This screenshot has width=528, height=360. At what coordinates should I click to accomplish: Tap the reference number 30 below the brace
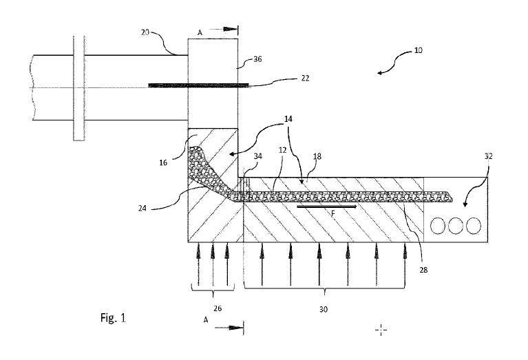pos(324,310)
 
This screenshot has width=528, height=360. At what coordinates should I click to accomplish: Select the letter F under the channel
pos(332,213)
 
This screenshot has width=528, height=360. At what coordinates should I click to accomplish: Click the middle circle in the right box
pos(455,225)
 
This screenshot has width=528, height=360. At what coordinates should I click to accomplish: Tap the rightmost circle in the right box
pos(473,225)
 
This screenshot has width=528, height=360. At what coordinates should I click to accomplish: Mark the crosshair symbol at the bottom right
pos(381,330)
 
